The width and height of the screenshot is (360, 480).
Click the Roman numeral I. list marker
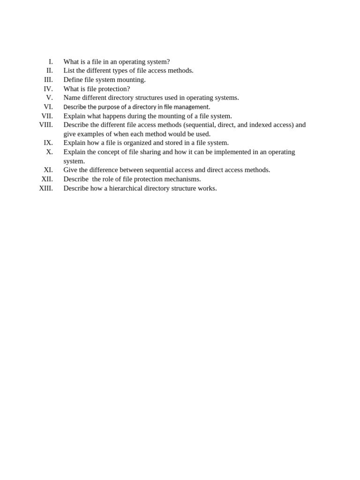[x=51, y=62]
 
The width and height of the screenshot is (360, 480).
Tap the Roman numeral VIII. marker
[x=46, y=125]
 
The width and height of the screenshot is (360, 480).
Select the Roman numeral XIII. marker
[x=46, y=188]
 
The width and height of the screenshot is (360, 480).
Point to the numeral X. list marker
[x=49, y=152]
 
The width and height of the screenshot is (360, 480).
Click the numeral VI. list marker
[x=48, y=107]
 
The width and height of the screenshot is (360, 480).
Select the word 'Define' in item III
[x=74, y=80]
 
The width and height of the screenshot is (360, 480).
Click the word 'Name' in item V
[x=72, y=98]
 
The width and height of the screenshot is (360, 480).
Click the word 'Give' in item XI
[x=70, y=170]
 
